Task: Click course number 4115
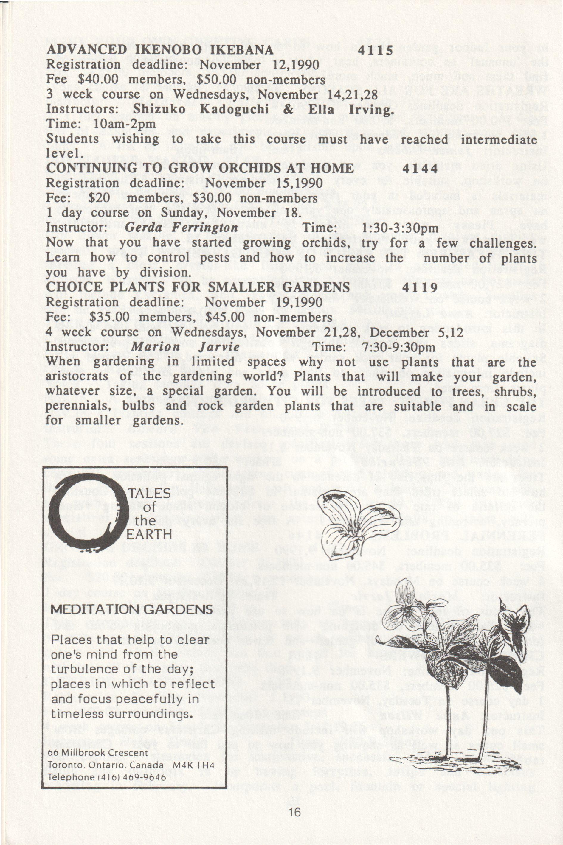point(376,50)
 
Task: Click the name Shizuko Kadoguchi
point(201,109)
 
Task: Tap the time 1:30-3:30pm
point(401,228)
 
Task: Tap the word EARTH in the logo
point(149,534)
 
